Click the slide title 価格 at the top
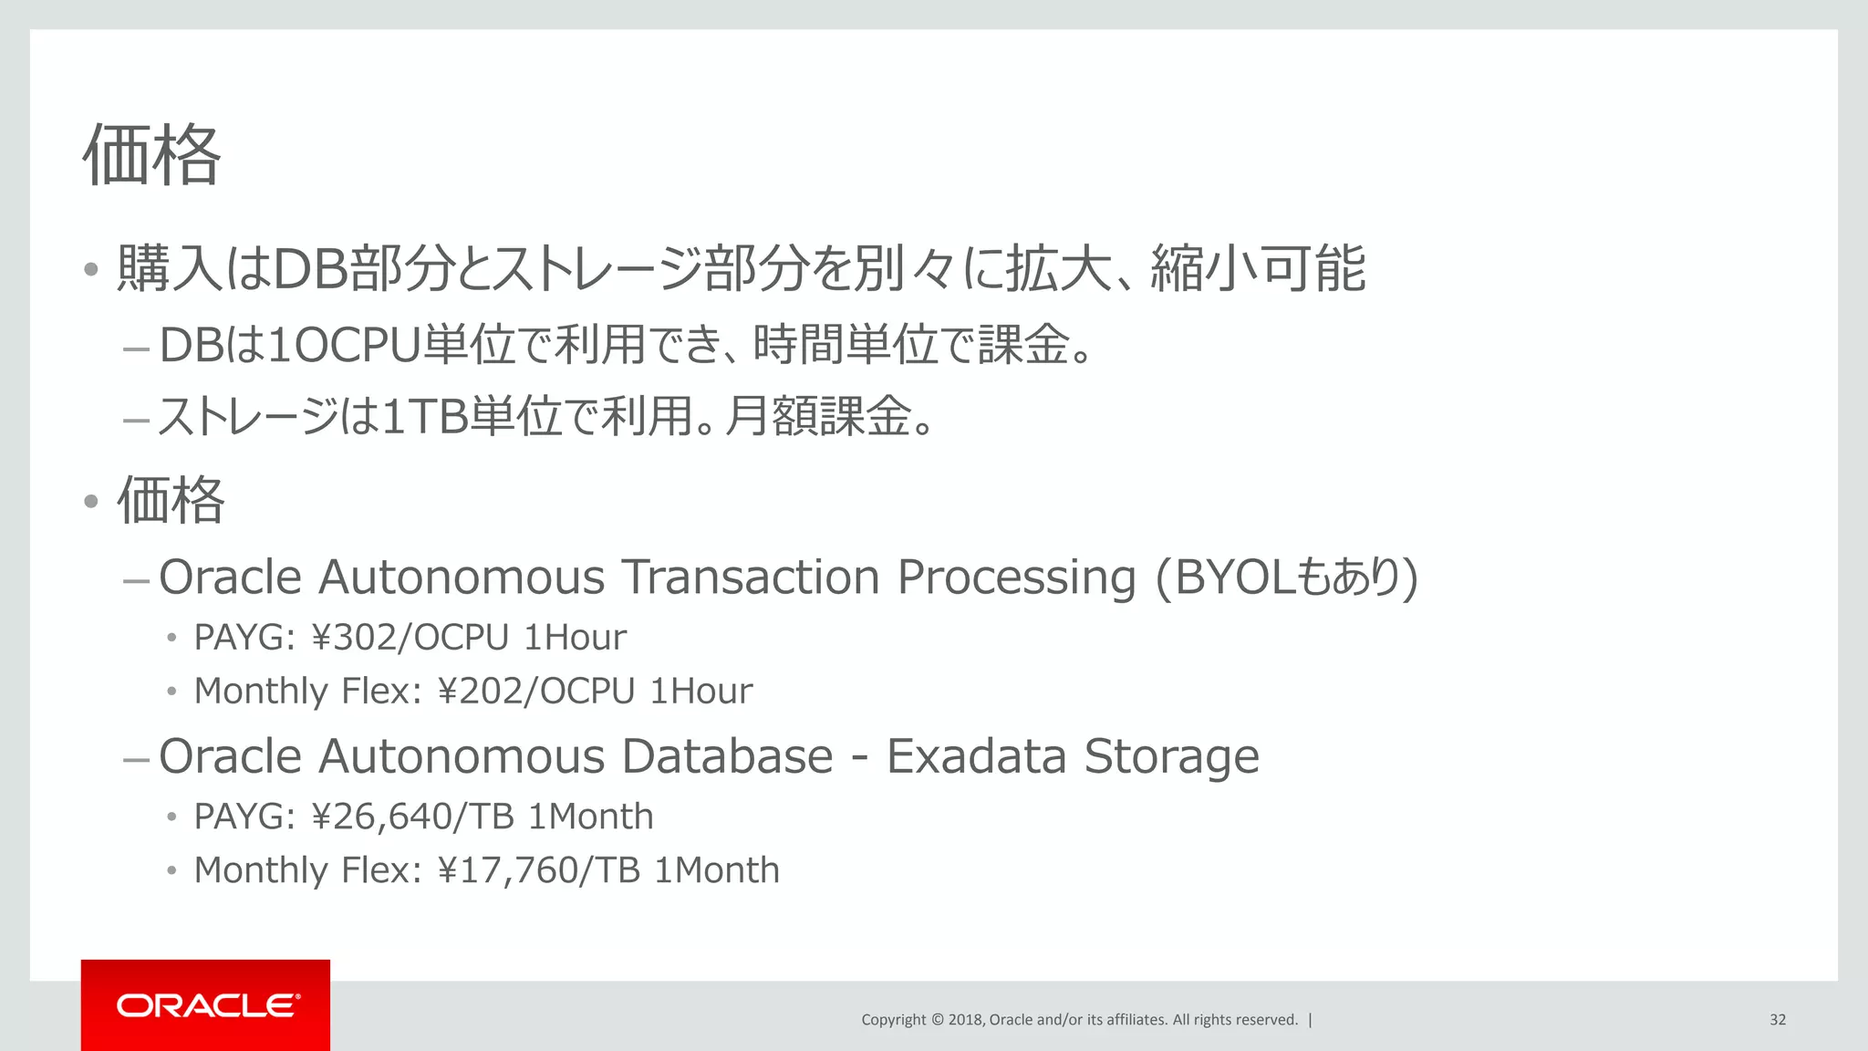click(x=151, y=155)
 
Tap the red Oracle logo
click(x=206, y=1005)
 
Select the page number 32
click(x=1778, y=1020)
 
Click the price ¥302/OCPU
click(x=410, y=638)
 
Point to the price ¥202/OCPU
click(x=536, y=692)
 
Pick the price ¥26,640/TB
click(x=412, y=817)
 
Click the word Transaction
click(x=750, y=578)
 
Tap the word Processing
click(x=1016, y=578)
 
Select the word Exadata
click(x=976, y=756)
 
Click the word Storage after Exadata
click(x=1171, y=756)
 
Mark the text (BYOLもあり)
click(x=1286, y=578)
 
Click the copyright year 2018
click(x=965, y=1020)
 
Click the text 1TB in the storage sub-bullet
click(x=424, y=417)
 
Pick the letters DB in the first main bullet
click(x=310, y=269)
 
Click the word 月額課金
click(x=818, y=417)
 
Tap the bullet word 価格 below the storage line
click(x=171, y=500)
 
